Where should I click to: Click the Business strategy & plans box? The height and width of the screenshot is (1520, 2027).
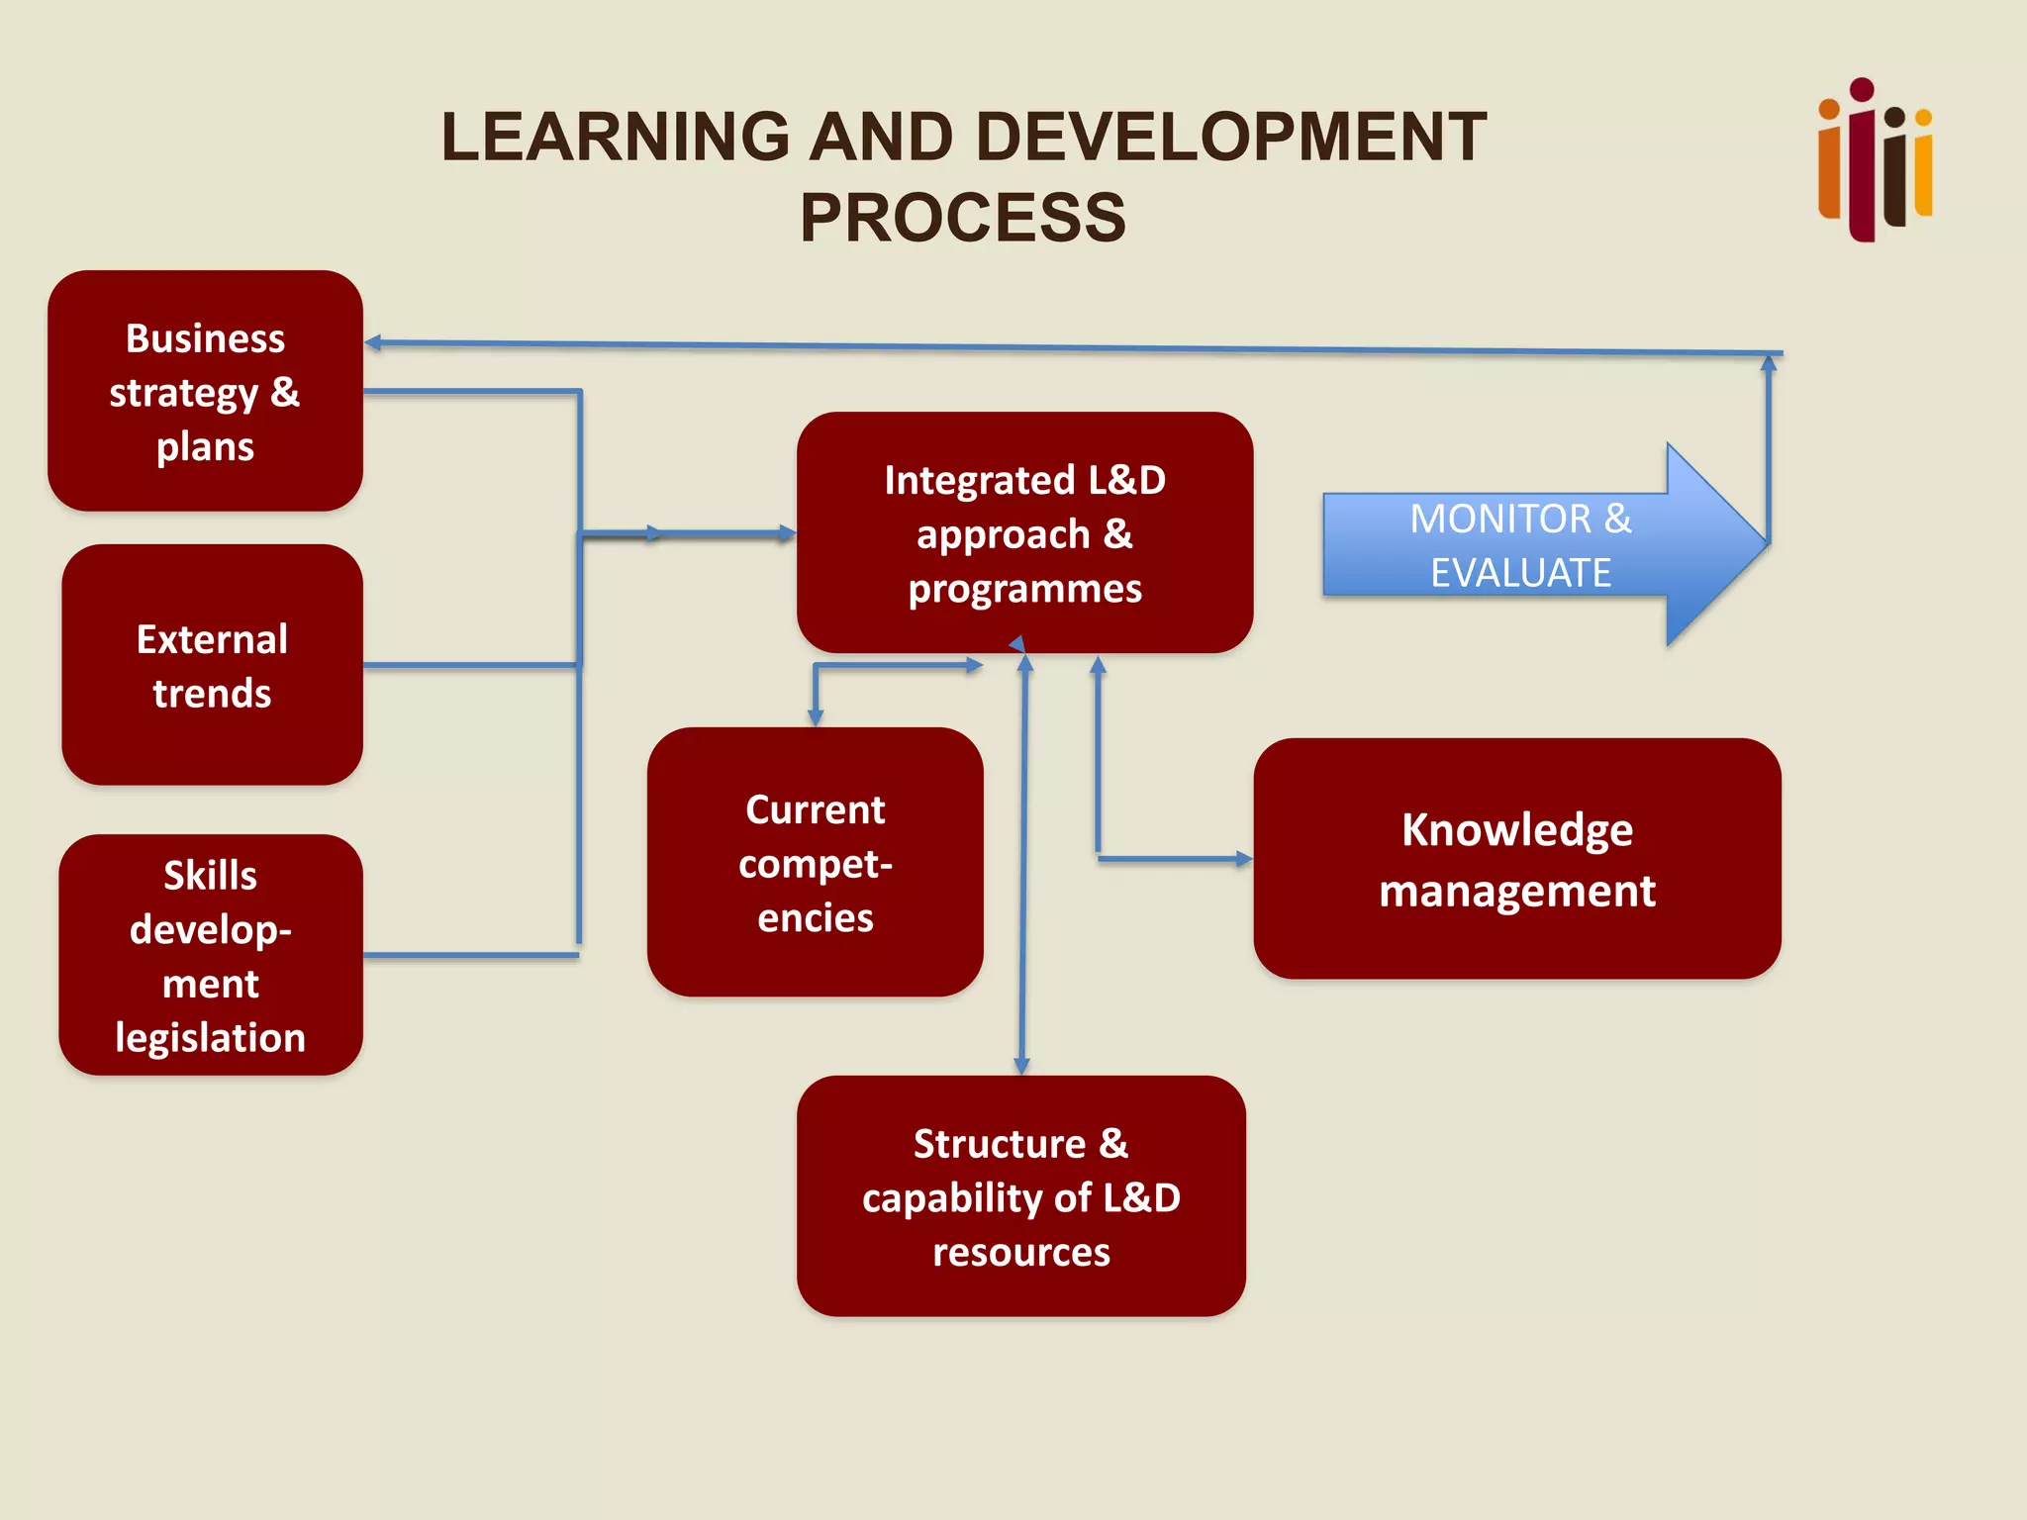click(205, 391)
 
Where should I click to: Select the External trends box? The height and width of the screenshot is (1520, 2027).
click(212, 665)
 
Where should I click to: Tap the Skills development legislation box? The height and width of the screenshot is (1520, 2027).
click(210, 955)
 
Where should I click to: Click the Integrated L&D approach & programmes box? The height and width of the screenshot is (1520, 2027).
click(1024, 533)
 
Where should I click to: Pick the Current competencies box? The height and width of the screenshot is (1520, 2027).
click(815, 862)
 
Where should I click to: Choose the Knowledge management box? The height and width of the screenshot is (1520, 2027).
click(1516, 859)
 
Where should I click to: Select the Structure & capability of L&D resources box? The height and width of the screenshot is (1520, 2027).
click(1020, 1196)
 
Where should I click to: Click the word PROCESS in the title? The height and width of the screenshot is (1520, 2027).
click(963, 218)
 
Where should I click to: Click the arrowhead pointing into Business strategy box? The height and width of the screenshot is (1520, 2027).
click(373, 343)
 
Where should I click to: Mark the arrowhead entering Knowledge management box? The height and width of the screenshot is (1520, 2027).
click(1243, 859)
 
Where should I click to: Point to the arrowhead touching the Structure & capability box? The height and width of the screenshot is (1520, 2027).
click(1021, 1066)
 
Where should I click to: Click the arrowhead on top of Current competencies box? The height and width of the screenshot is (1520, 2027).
click(816, 717)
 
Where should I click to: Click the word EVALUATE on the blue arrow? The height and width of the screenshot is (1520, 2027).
click(1520, 573)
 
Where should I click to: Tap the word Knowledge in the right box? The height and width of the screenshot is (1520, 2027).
click(1516, 829)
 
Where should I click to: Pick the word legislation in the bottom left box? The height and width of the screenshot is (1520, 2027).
click(210, 1037)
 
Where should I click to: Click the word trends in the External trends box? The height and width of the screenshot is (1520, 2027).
click(212, 693)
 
